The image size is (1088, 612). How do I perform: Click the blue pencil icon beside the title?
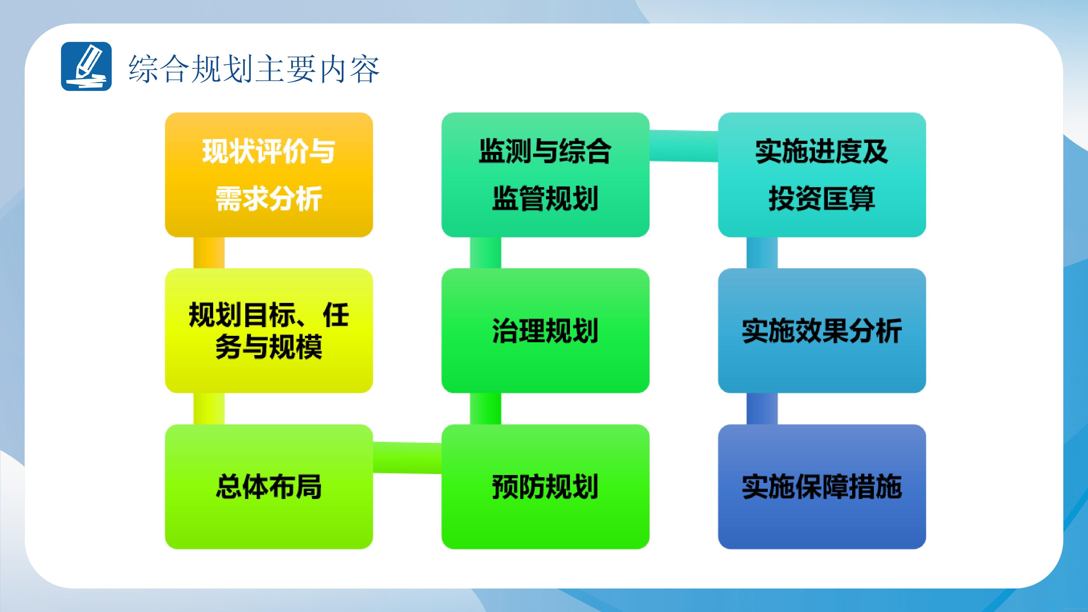tap(86, 66)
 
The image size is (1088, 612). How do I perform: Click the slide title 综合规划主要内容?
tap(254, 68)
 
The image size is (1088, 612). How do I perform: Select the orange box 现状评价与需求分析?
tap(269, 175)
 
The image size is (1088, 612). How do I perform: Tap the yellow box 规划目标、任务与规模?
tap(269, 331)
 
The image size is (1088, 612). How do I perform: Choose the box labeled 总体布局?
tap(269, 487)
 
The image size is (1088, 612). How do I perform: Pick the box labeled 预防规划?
tap(545, 487)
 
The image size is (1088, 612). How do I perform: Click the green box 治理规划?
tap(545, 331)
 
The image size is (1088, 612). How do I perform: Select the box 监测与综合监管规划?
tap(545, 175)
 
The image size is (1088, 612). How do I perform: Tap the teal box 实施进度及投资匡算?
tap(822, 175)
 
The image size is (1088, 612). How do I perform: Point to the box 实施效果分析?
tap(822, 331)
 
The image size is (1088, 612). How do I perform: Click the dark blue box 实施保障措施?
tap(822, 487)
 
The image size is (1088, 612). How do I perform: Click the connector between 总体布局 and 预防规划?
tap(407, 457)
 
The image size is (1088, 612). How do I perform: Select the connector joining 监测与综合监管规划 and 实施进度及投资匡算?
tap(684, 146)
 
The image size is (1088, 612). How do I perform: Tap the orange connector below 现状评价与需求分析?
tap(209, 252)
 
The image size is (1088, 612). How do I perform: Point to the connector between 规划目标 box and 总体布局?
tap(209, 409)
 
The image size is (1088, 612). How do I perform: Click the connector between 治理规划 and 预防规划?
tap(486, 409)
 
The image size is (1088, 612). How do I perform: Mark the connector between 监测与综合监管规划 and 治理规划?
tap(486, 252)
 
